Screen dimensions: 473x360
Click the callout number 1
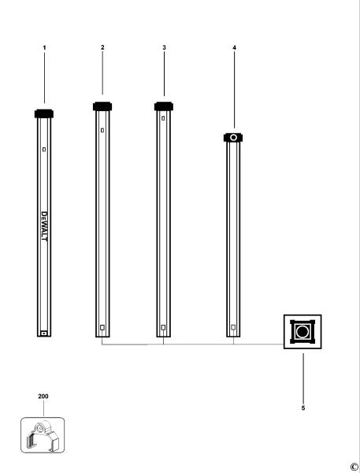click(44, 48)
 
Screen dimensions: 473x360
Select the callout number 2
click(102, 48)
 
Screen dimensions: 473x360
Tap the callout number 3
click(163, 48)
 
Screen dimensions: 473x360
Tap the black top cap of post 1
click(44, 114)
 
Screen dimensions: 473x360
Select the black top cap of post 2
click(102, 106)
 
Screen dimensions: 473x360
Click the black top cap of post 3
click(163, 106)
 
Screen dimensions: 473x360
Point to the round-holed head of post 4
click(233, 137)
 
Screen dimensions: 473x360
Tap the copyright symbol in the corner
click(354, 466)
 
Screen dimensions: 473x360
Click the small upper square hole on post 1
click(44, 149)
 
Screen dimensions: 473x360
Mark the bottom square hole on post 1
click(44, 333)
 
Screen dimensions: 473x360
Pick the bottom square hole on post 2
click(102, 327)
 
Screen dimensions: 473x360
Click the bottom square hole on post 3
click(163, 327)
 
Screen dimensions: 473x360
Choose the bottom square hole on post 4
click(233, 327)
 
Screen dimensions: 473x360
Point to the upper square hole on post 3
click(163, 119)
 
